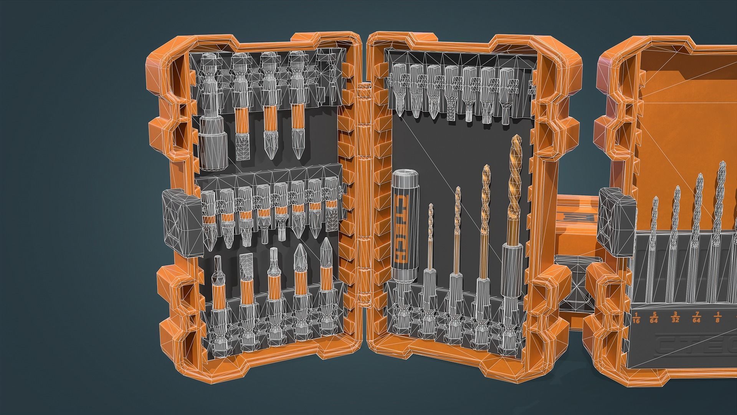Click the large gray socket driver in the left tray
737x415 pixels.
coord(214,142)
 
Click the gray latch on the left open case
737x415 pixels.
coord(182,223)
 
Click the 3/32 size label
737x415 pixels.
coord(675,318)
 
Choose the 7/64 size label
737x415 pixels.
coord(696,318)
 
